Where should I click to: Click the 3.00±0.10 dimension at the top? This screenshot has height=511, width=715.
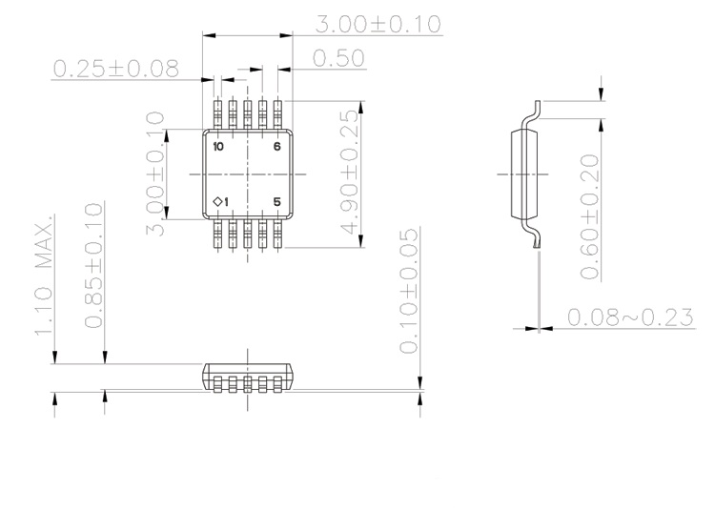point(378,24)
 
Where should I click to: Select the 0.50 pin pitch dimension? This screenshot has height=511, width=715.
point(338,58)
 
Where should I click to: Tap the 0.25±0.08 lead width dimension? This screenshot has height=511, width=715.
point(115,69)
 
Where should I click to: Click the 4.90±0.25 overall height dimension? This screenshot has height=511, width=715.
point(349,173)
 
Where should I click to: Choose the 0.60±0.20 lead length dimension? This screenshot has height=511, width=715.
point(590,216)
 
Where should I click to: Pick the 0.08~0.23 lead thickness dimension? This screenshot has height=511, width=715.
point(630,317)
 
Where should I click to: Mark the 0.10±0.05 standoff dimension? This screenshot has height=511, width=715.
point(408,290)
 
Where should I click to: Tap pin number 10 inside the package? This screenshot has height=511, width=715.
point(218,147)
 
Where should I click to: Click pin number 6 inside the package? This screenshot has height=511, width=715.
point(277,147)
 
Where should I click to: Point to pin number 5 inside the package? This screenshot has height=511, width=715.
point(277,201)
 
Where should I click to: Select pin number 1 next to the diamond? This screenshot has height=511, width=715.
point(224,201)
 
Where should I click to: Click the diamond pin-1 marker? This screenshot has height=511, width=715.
point(215,201)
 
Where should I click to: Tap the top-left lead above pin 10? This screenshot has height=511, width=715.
point(218,114)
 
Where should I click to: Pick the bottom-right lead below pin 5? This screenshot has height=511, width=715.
point(277,234)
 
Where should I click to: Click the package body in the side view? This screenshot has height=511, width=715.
point(519,174)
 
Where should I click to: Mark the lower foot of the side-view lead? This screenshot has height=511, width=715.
point(538,245)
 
